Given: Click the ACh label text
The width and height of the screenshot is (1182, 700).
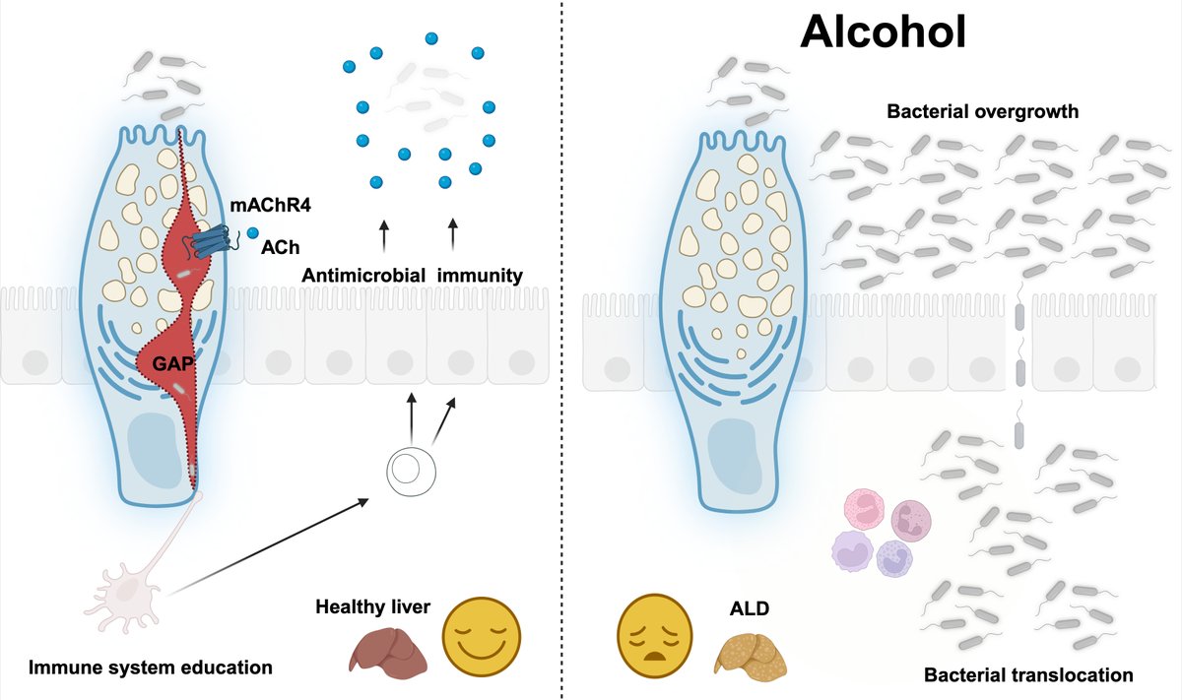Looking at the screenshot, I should (275, 251).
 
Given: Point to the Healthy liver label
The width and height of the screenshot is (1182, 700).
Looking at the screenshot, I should (372, 606).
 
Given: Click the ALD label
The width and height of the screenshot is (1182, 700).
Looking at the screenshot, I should (749, 609).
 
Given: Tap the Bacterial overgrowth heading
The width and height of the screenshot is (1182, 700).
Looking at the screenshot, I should (983, 112).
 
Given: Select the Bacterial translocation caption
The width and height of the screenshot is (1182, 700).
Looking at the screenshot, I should (1028, 675).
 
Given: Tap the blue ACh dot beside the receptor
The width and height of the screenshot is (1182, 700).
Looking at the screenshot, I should (253, 233).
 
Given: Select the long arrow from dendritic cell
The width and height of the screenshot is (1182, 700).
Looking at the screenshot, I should (266, 546).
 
